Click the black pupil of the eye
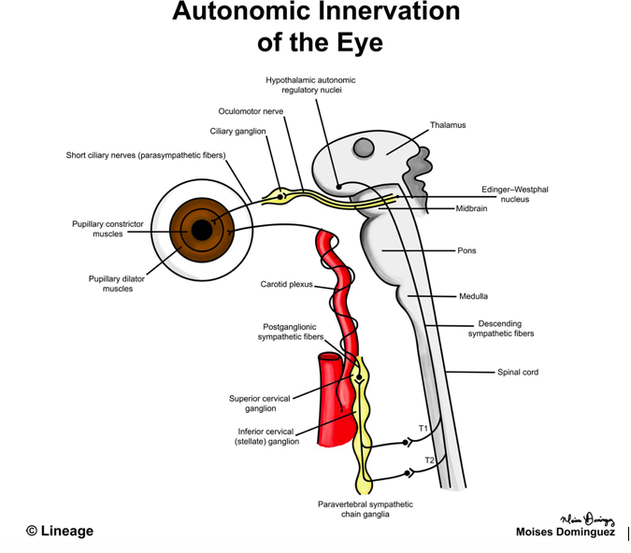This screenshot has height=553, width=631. click(x=202, y=230)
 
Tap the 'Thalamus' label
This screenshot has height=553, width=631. click(x=448, y=125)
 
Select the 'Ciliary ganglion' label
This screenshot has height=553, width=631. click(x=237, y=131)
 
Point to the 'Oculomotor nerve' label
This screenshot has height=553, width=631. click(x=251, y=111)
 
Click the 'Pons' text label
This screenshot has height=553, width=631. click(x=466, y=250)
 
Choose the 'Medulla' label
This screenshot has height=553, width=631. click(x=473, y=296)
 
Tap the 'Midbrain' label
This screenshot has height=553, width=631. click(x=471, y=208)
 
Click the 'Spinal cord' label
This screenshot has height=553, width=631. click(x=518, y=372)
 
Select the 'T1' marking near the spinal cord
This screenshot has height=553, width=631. click(x=423, y=429)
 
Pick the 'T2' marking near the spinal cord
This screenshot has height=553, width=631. click(x=429, y=461)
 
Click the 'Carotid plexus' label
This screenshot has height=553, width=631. click(x=287, y=284)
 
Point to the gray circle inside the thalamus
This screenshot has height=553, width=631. click(x=364, y=148)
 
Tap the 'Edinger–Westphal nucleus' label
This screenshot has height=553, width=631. click(x=515, y=194)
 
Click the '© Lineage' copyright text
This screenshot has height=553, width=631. click(x=60, y=531)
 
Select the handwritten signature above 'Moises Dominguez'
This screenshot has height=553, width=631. click(x=587, y=519)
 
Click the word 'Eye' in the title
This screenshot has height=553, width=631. click(x=360, y=42)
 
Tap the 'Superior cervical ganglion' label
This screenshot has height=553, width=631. click(x=260, y=404)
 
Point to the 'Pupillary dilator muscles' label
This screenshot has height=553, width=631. click(x=117, y=284)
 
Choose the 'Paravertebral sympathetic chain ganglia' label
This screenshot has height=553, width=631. click(x=366, y=509)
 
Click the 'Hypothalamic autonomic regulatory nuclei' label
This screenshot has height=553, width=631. click(x=310, y=85)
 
